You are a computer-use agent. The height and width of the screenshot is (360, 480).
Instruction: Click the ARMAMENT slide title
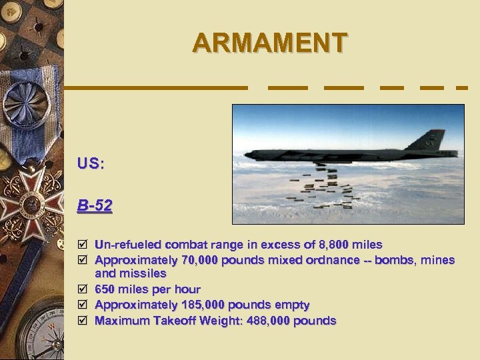pyautogui.click(x=269, y=43)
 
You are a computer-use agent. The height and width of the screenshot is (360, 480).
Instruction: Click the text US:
pyautogui.click(x=91, y=163)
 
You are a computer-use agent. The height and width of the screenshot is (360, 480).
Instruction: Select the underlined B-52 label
pyautogui.click(x=95, y=205)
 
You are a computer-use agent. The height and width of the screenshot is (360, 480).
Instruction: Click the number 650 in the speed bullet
pyautogui.click(x=104, y=289)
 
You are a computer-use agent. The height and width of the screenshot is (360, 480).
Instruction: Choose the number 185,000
pyautogui.click(x=203, y=305)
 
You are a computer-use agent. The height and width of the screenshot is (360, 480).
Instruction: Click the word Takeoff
pyautogui.click(x=177, y=321)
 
